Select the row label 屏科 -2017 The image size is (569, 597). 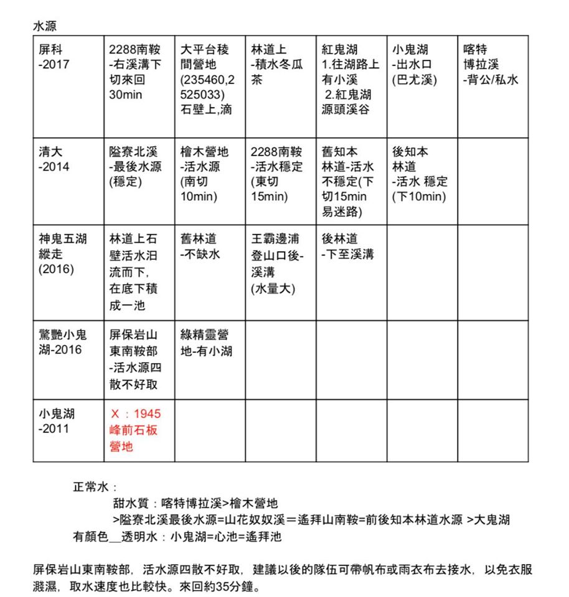(x=54, y=57)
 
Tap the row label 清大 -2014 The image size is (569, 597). (x=54, y=159)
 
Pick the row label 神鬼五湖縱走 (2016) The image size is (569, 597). (x=62, y=254)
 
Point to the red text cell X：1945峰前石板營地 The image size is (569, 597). (x=134, y=430)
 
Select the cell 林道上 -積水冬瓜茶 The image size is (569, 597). (x=276, y=65)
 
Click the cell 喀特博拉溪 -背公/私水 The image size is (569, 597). (x=491, y=65)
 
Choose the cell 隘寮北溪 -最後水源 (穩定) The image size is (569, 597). (x=133, y=167)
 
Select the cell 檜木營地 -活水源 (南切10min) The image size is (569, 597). (x=204, y=174)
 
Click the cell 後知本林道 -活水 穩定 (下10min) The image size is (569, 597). (x=420, y=174)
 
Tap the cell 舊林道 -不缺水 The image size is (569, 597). (x=200, y=246)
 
